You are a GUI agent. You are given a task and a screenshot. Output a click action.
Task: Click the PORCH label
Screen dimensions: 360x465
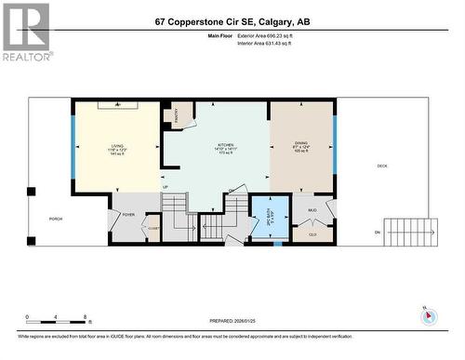click(x=55, y=220)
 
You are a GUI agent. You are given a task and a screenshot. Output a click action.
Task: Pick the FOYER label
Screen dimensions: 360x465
click(x=128, y=215)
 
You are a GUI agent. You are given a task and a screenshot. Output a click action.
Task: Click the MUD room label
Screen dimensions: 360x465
click(x=312, y=210)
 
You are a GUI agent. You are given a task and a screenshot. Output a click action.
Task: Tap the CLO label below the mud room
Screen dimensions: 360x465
click(x=312, y=234)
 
